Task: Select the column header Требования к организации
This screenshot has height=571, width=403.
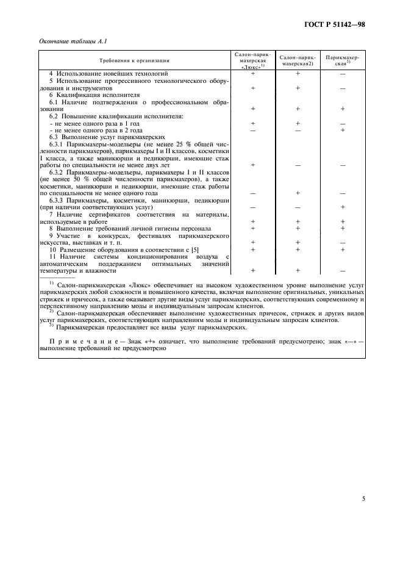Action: coord(135,60)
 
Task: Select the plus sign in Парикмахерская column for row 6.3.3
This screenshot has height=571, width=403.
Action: coord(343,207)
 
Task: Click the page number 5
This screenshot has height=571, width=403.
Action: coord(363,498)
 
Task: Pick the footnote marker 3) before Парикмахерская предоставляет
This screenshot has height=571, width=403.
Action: coord(51,326)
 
